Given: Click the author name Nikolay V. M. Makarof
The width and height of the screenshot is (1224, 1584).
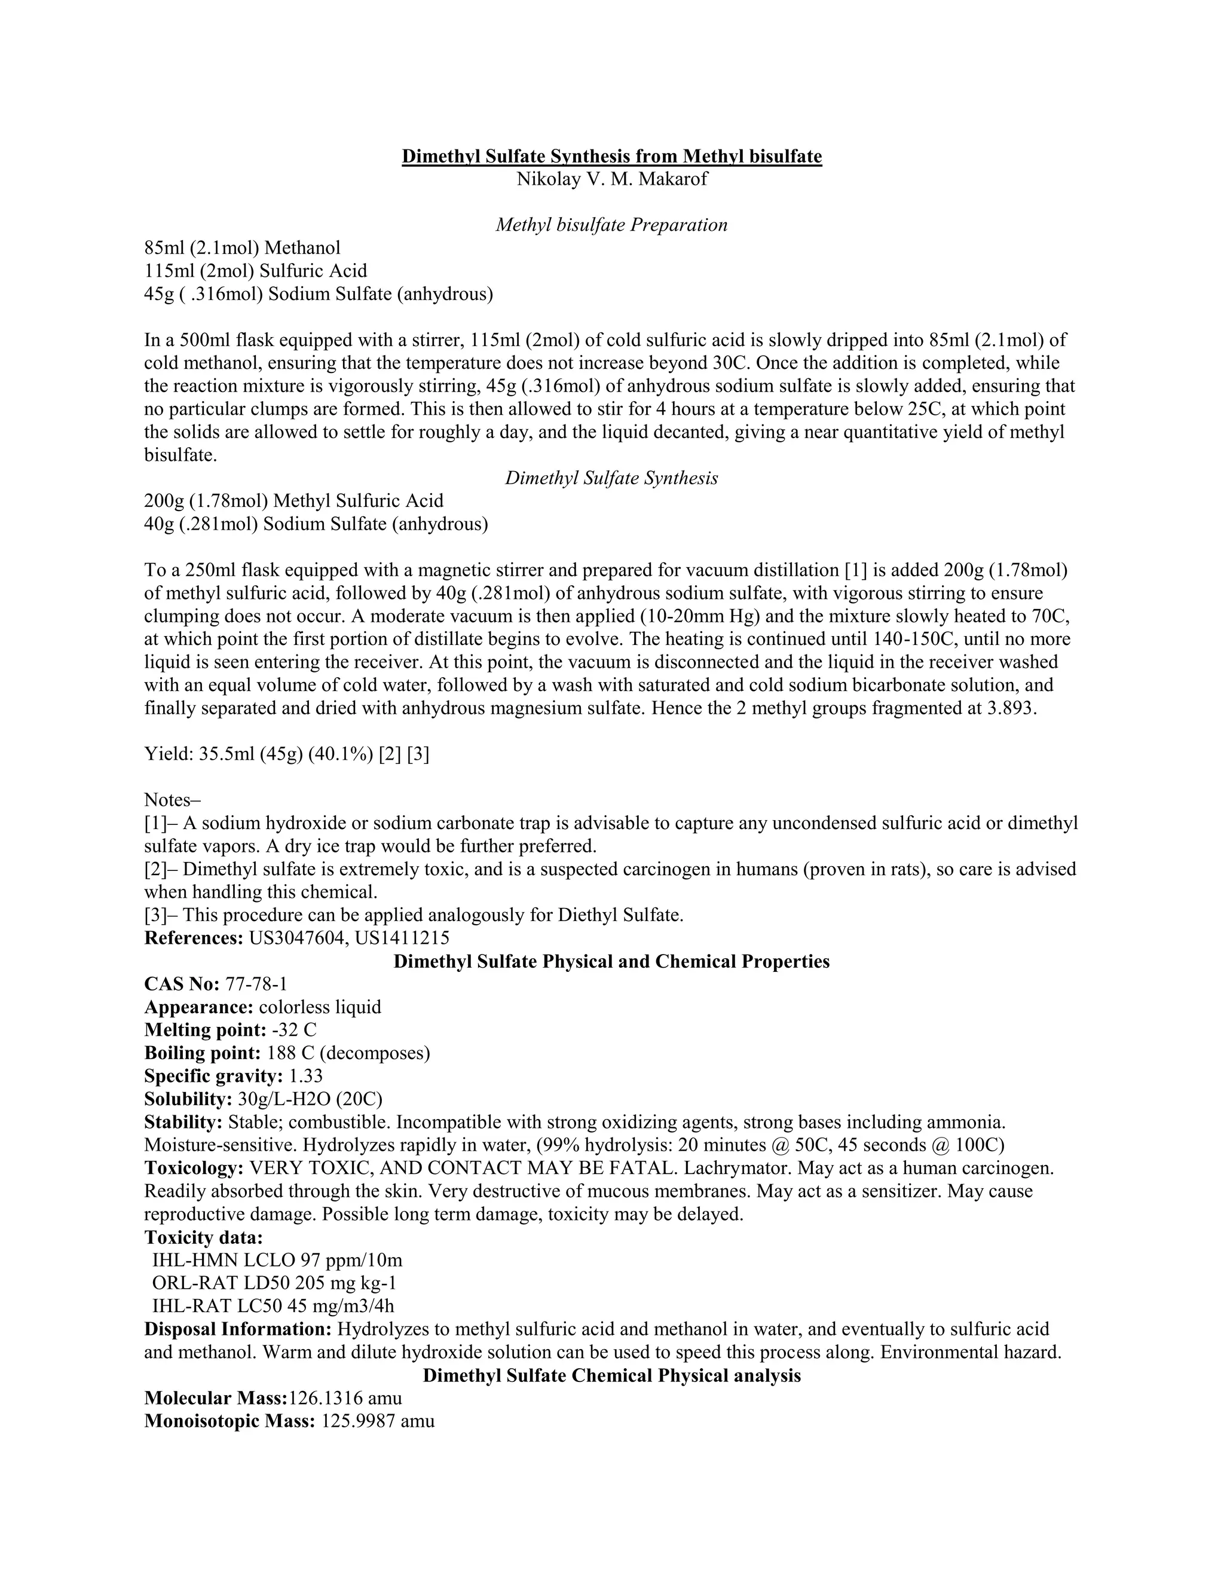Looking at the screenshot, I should pyautogui.click(x=611, y=179).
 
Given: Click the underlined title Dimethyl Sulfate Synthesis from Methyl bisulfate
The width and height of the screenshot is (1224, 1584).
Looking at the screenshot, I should pyautogui.click(x=611, y=156).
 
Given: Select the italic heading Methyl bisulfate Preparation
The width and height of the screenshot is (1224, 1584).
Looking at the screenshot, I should pyautogui.click(x=611, y=225).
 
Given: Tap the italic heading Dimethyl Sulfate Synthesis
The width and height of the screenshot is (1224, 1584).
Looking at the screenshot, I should pyautogui.click(x=611, y=478).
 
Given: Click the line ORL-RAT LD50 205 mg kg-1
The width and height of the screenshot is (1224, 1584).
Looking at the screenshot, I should pyautogui.click(x=274, y=1283).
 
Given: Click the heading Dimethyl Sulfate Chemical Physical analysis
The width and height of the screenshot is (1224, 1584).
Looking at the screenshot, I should pyautogui.click(x=611, y=1375).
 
